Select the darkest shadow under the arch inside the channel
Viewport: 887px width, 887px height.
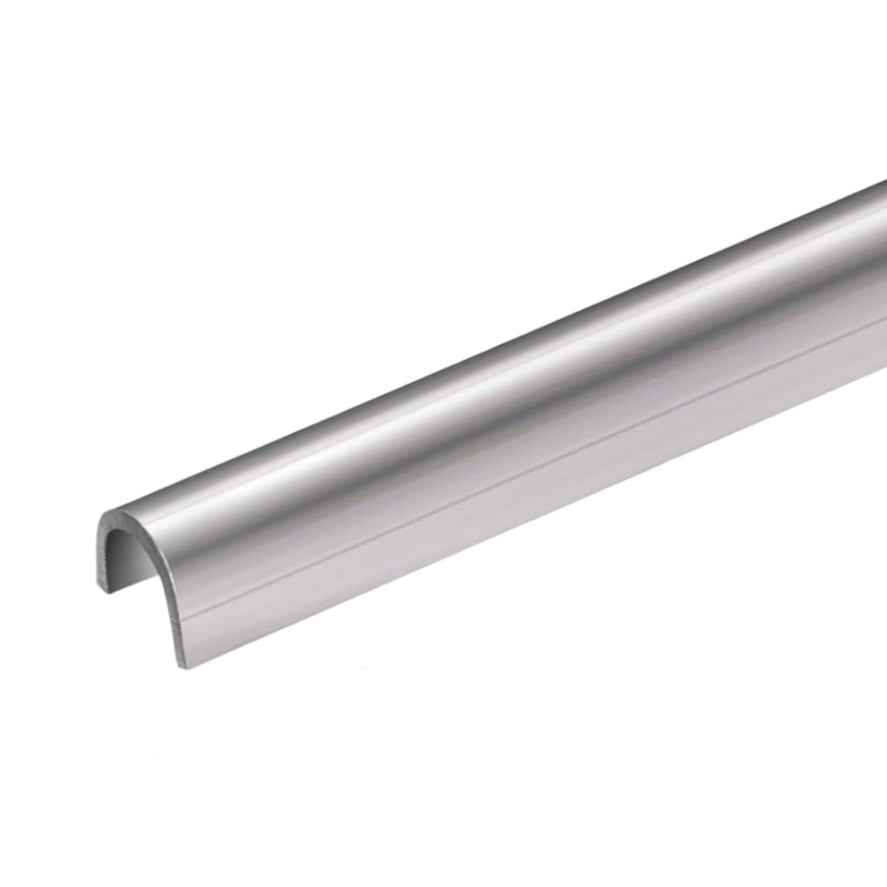click(x=120, y=547)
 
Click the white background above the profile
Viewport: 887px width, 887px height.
click(x=321, y=184)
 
